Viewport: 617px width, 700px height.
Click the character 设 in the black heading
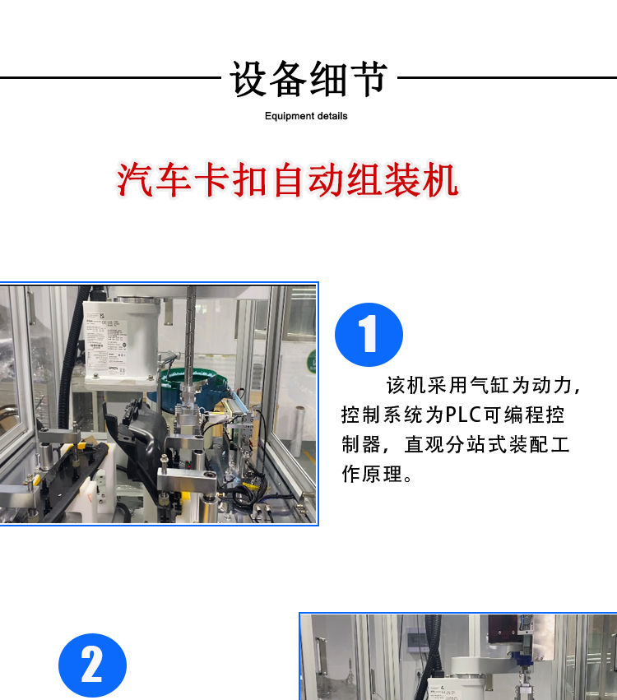249,79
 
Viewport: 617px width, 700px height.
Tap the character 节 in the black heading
369,79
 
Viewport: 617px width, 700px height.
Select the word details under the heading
330,116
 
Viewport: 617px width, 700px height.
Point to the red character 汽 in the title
136,180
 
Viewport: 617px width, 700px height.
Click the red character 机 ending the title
442,180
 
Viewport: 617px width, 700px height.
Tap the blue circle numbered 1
369,335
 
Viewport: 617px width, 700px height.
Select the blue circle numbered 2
92,665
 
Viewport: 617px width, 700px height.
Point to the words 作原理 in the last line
372,474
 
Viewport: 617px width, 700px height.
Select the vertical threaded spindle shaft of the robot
191,339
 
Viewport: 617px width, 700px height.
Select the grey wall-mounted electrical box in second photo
416,639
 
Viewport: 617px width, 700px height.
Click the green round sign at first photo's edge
312,361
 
